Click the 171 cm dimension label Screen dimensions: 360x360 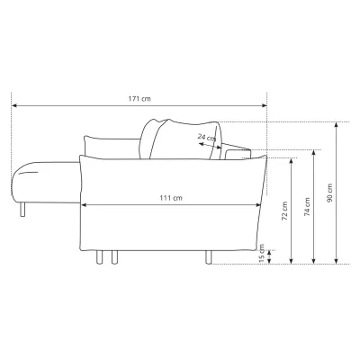(139, 99)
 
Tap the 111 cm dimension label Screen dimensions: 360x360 (171, 198)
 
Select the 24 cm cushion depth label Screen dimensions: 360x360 (207, 138)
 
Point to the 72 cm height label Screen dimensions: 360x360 (284, 211)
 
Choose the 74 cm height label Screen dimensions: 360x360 (307, 207)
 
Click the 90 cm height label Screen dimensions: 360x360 (329, 193)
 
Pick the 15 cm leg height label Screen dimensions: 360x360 (262, 253)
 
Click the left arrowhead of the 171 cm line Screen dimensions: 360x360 (13, 105)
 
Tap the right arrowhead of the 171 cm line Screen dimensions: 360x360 (265, 105)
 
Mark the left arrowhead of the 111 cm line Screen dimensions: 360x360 (84, 205)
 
